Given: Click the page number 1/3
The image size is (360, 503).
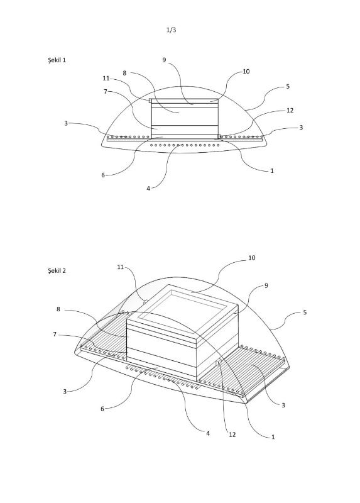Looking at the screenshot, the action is click(x=171, y=30).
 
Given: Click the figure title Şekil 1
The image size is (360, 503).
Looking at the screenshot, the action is click(x=57, y=60).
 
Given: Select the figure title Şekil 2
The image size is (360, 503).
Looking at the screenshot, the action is click(x=57, y=271).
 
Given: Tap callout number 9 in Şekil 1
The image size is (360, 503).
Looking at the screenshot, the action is click(x=164, y=60).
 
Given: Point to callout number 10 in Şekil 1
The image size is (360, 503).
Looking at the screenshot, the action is click(x=246, y=71).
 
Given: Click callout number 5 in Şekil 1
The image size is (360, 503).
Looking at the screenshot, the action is click(x=288, y=86).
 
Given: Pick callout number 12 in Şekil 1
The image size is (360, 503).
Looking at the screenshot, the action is click(x=290, y=111).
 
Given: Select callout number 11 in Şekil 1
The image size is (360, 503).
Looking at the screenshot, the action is click(x=106, y=78).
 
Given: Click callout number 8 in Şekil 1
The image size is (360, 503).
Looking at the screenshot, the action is click(x=124, y=73).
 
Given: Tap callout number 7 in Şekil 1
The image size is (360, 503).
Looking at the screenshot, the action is click(x=105, y=92).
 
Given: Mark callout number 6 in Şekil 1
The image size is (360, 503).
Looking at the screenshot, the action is click(x=103, y=175).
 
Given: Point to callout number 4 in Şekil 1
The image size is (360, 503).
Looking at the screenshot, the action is click(x=148, y=189).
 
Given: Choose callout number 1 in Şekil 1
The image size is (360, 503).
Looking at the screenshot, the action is click(x=272, y=170).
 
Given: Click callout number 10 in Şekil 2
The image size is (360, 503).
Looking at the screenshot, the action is click(x=252, y=258).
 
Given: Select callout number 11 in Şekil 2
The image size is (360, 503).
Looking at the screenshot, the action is click(x=120, y=267).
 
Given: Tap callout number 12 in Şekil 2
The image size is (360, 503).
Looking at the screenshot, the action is click(x=232, y=434).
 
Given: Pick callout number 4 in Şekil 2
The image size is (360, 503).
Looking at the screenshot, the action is click(x=208, y=433).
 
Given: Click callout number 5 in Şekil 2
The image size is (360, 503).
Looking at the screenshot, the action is click(x=305, y=312).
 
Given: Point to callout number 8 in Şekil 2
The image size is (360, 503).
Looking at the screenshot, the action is click(x=58, y=309).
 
